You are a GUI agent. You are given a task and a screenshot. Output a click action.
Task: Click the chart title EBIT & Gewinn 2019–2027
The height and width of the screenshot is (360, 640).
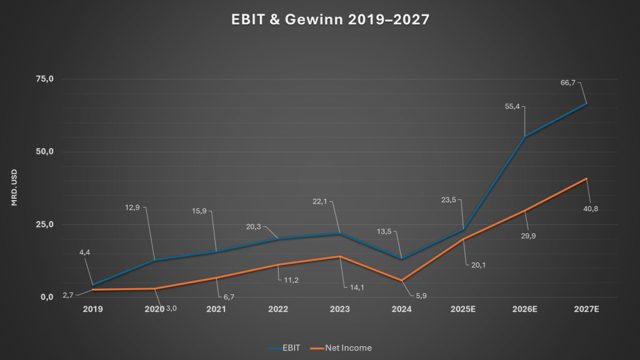tap(319, 20)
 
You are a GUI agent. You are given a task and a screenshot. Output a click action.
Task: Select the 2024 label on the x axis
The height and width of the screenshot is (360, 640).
tap(401, 309)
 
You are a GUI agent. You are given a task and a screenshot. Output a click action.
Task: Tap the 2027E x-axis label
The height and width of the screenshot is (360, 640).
tap(586, 309)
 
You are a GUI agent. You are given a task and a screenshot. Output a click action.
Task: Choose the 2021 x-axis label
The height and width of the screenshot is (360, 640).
tap(216, 309)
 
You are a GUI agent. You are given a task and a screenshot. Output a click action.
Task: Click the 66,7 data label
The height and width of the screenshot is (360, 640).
tap(569, 82)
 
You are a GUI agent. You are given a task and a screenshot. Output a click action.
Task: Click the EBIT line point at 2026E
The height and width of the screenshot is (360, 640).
tap(524, 137)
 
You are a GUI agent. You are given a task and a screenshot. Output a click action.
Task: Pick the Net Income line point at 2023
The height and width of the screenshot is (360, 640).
tap(339, 256)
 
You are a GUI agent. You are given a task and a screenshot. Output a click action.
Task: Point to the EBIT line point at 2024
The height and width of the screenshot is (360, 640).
tap(401, 258)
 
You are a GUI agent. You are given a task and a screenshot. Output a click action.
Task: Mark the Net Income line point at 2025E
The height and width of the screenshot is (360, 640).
tap(463, 239)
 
